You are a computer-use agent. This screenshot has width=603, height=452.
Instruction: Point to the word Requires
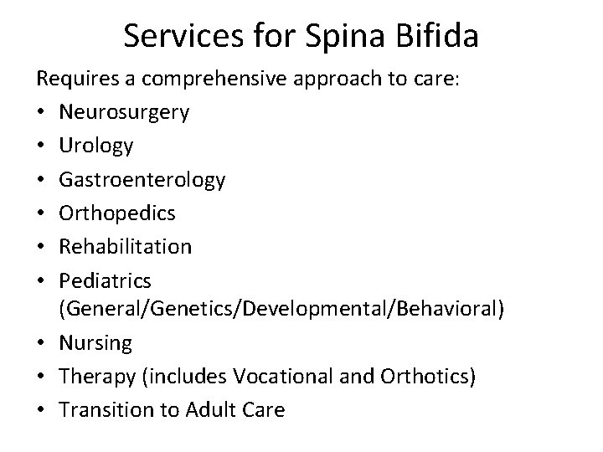click(x=75, y=79)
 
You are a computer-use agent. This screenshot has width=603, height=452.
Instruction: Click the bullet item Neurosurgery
click(x=124, y=112)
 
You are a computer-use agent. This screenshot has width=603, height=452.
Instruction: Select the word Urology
click(x=96, y=146)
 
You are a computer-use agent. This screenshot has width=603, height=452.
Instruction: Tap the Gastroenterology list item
click(x=142, y=179)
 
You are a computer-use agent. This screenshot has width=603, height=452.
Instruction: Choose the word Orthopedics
click(x=117, y=213)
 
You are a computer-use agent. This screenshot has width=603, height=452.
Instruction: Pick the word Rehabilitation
click(x=126, y=246)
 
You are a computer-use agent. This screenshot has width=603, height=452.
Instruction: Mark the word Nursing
click(x=95, y=343)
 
